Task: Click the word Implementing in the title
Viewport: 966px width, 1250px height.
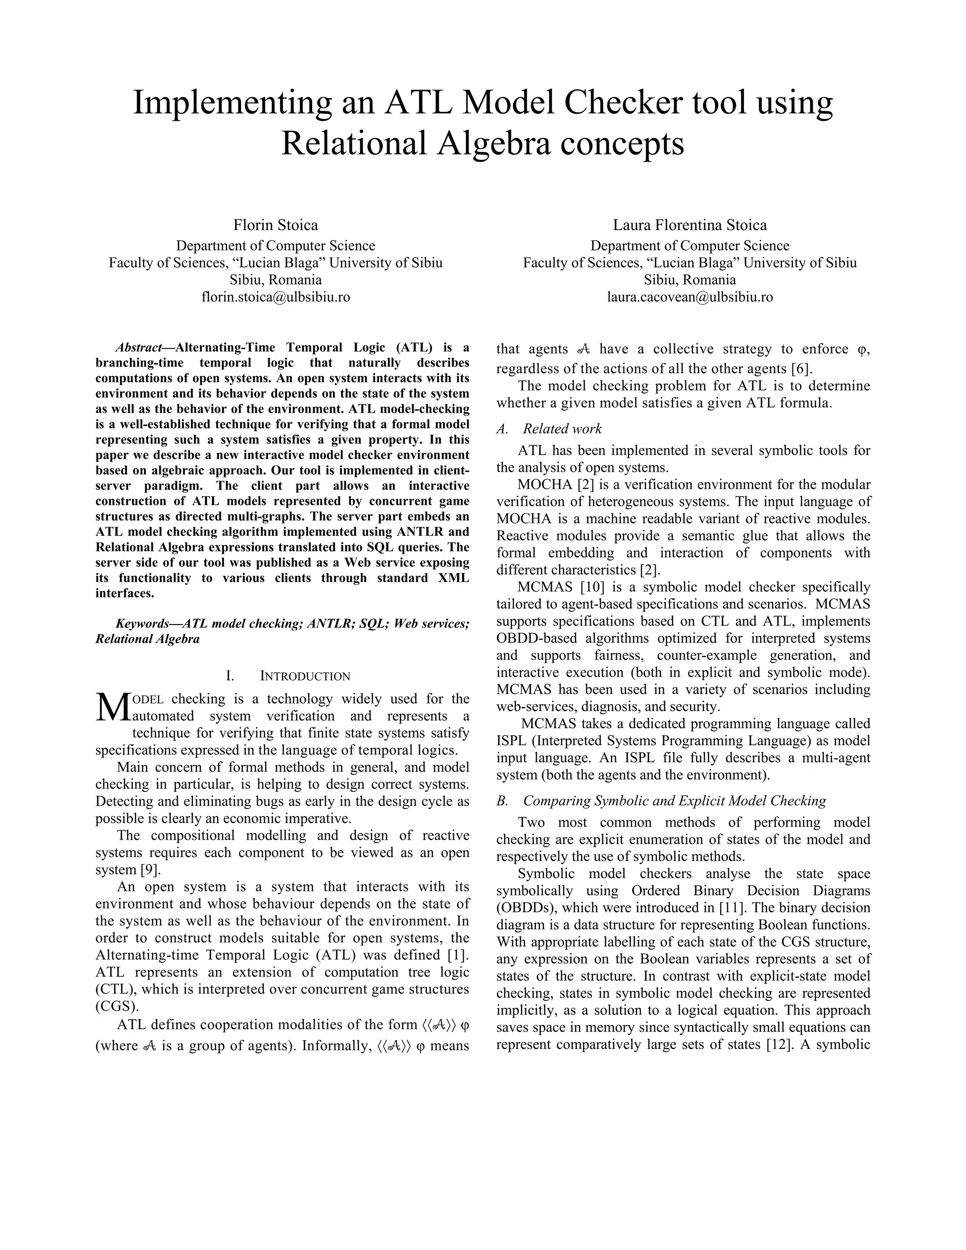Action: click(x=232, y=104)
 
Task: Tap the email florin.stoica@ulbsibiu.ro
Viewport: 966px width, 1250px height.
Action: click(x=275, y=297)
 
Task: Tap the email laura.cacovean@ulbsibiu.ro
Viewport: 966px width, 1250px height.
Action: click(x=690, y=297)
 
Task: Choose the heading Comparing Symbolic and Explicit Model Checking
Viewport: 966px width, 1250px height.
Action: click(x=674, y=801)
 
